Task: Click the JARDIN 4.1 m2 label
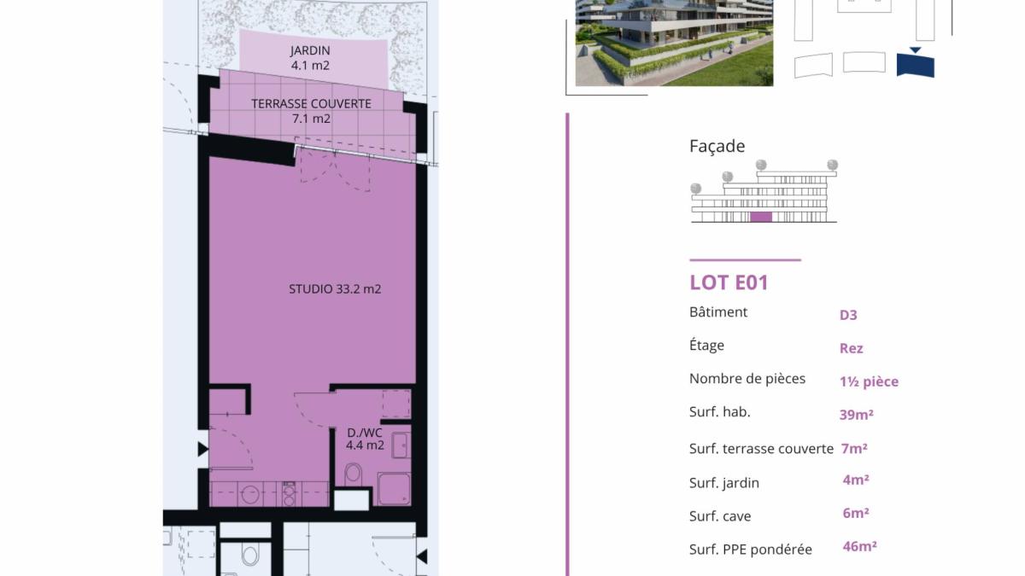(310, 58)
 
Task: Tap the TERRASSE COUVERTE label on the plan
(311, 104)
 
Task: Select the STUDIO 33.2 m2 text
(335, 289)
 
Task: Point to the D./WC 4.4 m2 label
(365, 439)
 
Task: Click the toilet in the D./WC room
(353, 474)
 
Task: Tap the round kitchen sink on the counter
(250, 494)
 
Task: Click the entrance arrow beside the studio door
(202, 449)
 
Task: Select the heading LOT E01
(729, 282)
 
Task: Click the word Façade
(717, 146)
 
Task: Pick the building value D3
(848, 315)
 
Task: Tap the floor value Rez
(851, 348)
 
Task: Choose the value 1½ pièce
(869, 381)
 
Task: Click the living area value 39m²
(856, 415)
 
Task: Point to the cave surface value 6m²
(856, 513)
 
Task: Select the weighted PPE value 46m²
(860, 546)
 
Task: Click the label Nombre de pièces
(747, 379)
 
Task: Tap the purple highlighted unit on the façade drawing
(761, 217)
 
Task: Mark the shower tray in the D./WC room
(394, 489)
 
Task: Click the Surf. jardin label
(724, 483)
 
